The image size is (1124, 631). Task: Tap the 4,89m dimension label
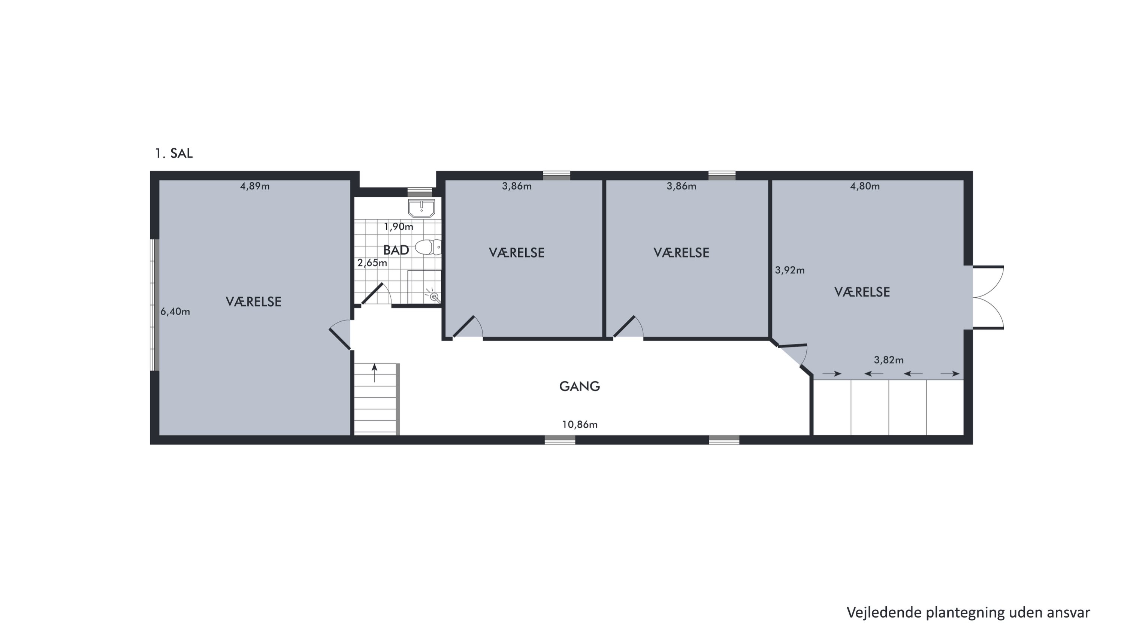pyautogui.click(x=255, y=186)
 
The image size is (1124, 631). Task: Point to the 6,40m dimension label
pyautogui.click(x=175, y=312)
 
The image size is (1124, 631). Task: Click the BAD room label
pyautogui.click(x=396, y=250)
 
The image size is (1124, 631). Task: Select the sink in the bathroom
pyautogui.click(x=421, y=209)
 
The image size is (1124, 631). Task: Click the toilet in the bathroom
pyautogui.click(x=428, y=247)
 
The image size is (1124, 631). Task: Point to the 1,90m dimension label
pyautogui.click(x=398, y=227)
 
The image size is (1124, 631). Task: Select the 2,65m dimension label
pyautogui.click(x=372, y=263)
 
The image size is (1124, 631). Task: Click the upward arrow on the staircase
pyautogui.click(x=374, y=373)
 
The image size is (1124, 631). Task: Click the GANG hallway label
pyautogui.click(x=580, y=386)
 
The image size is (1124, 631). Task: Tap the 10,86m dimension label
pyautogui.click(x=580, y=424)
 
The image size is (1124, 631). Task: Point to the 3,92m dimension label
pyautogui.click(x=790, y=270)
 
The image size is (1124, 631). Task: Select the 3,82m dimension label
pyautogui.click(x=888, y=360)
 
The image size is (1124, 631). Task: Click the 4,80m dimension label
pyautogui.click(x=865, y=186)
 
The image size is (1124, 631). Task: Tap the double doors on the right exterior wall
pyautogui.click(x=988, y=297)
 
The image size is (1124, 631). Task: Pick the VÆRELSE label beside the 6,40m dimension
pyautogui.click(x=254, y=302)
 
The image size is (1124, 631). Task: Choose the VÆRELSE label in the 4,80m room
pyautogui.click(x=862, y=292)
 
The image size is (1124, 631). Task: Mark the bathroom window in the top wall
pyautogui.click(x=420, y=191)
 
